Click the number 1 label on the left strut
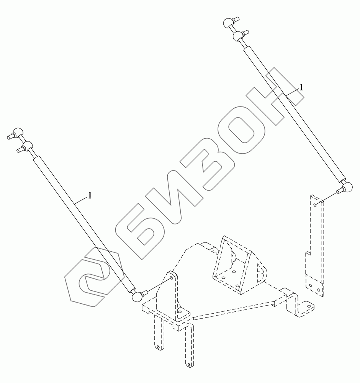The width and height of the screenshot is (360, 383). pos(90,195)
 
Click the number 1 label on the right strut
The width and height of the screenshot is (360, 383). pos(301,87)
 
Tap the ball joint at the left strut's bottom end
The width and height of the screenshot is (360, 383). pos(136,296)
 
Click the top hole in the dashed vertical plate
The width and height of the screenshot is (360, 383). pos(314,205)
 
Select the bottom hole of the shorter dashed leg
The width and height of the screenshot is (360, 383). pos(157,347)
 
